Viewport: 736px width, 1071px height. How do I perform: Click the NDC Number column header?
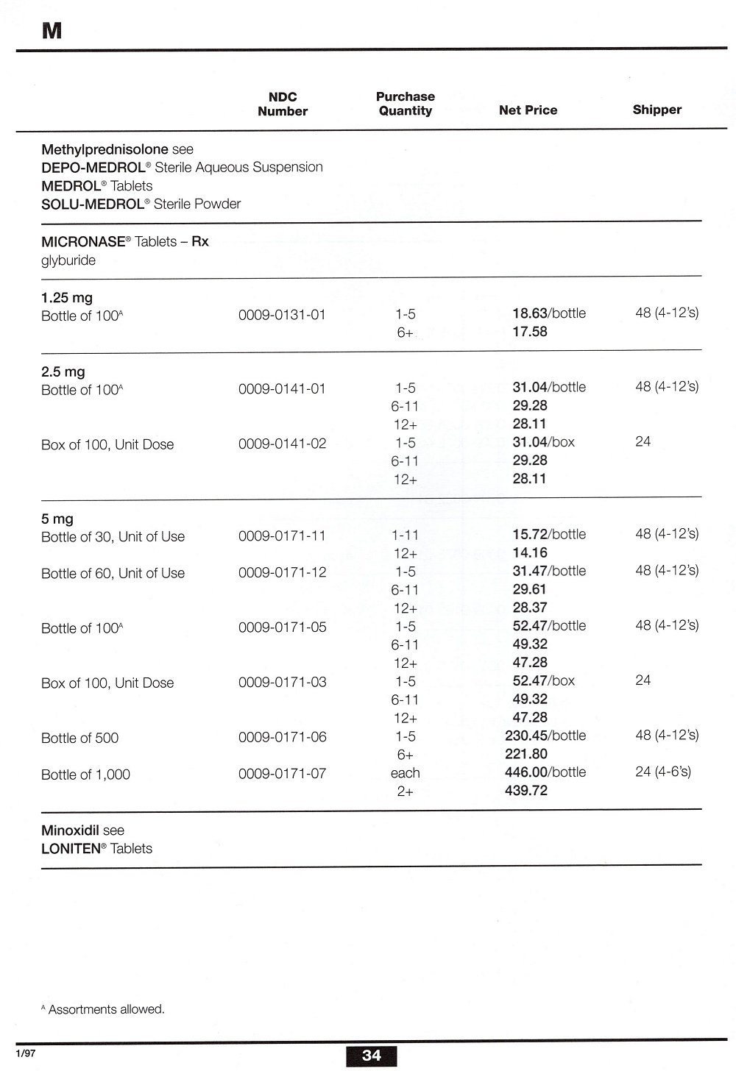click(283, 104)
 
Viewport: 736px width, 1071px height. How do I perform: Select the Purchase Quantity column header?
click(405, 104)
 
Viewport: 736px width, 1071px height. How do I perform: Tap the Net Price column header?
click(528, 110)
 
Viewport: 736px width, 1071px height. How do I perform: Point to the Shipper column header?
click(657, 110)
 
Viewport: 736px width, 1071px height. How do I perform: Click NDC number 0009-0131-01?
click(282, 315)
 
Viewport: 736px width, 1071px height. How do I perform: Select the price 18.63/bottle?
click(549, 313)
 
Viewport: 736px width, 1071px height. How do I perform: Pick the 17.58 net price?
click(530, 332)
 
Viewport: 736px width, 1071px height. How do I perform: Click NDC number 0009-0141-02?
click(282, 444)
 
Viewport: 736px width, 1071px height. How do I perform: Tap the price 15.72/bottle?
click(549, 534)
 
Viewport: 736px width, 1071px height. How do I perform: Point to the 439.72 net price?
click(526, 791)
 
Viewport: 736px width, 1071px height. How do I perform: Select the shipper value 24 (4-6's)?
click(662, 772)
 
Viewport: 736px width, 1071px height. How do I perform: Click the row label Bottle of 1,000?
click(85, 775)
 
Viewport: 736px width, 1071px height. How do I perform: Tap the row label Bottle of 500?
click(79, 738)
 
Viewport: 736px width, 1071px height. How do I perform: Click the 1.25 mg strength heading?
click(67, 298)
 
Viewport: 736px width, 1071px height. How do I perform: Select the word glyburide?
click(68, 260)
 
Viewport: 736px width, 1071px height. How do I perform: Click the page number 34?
click(372, 1056)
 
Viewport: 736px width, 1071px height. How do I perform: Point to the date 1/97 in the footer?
click(25, 1053)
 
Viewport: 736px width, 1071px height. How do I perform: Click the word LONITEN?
click(71, 848)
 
